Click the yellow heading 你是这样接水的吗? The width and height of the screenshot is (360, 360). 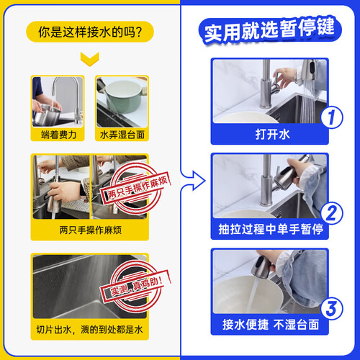(90, 32)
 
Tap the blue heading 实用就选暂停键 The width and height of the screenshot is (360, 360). (269, 31)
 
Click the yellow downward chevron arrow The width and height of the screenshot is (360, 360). (90, 59)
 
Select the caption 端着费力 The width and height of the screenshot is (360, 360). (58, 135)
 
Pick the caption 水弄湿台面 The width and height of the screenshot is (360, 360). (122, 135)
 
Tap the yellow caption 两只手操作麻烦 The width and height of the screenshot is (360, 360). (91, 230)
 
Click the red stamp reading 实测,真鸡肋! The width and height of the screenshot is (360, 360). (135, 286)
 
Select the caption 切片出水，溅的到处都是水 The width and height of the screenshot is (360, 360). (89, 330)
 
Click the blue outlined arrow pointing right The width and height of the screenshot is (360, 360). (193, 181)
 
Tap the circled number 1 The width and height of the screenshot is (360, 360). (332, 117)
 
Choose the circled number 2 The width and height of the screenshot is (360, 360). (332, 213)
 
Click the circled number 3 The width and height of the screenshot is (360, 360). (332, 309)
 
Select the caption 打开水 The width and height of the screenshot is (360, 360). (272, 134)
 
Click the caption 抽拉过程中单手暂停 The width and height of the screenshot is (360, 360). (271, 229)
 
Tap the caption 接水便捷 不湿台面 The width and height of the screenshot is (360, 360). (271, 325)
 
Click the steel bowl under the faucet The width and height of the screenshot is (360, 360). (46, 116)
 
